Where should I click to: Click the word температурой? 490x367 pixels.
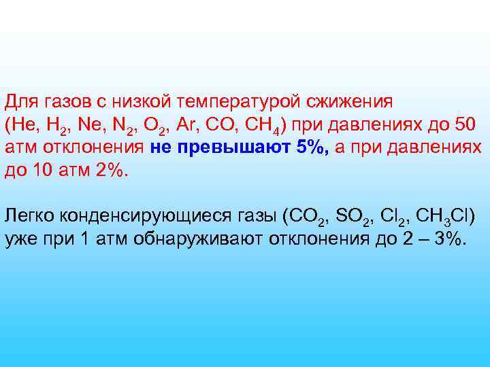(x=233, y=102)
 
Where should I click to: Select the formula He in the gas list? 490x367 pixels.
(x=23, y=125)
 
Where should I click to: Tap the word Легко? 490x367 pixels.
(x=30, y=216)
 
